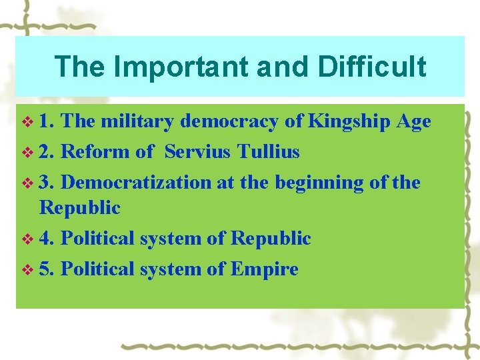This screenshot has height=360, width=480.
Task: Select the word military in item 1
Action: (137, 121)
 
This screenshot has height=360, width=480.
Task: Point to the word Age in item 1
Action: (413, 121)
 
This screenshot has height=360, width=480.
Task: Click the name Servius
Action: (197, 152)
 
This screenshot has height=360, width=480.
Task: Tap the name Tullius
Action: (267, 152)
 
